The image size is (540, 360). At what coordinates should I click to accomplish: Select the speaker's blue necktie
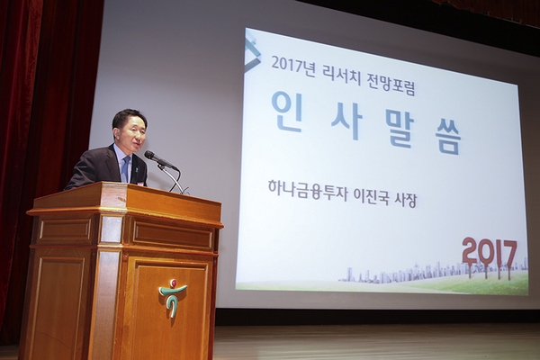[125, 169]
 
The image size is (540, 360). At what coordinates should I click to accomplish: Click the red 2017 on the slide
[490, 252]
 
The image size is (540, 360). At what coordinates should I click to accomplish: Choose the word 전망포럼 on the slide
[391, 75]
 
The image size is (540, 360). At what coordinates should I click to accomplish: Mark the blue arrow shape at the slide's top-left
[253, 54]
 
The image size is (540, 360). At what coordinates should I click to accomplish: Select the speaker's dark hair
[128, 117]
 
